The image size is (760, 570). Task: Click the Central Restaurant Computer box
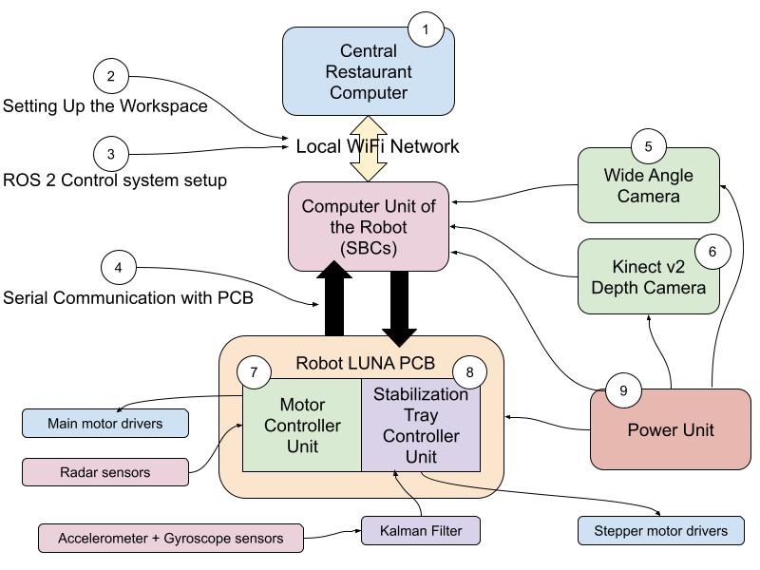(368, 72)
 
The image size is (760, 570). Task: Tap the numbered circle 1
(426, 30)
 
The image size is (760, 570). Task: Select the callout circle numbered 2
(111, 76)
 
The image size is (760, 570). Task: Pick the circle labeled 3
(111, 154)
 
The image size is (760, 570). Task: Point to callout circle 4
(118, 268)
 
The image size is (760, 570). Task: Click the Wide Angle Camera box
(649, 186)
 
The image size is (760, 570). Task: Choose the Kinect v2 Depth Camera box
(649, 275)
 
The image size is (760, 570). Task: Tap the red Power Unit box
(671, 429)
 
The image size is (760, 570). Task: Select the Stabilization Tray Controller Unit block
(421, 425)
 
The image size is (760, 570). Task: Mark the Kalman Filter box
(420, 530)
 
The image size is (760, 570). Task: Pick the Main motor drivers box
(104, 423)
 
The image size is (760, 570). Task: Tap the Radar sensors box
(104, 471)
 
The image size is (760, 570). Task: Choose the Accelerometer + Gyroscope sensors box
(171, 539)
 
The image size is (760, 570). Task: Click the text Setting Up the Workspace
(104, 105)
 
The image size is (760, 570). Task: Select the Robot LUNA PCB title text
(366, 363)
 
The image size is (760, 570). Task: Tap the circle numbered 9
(623, 390)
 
